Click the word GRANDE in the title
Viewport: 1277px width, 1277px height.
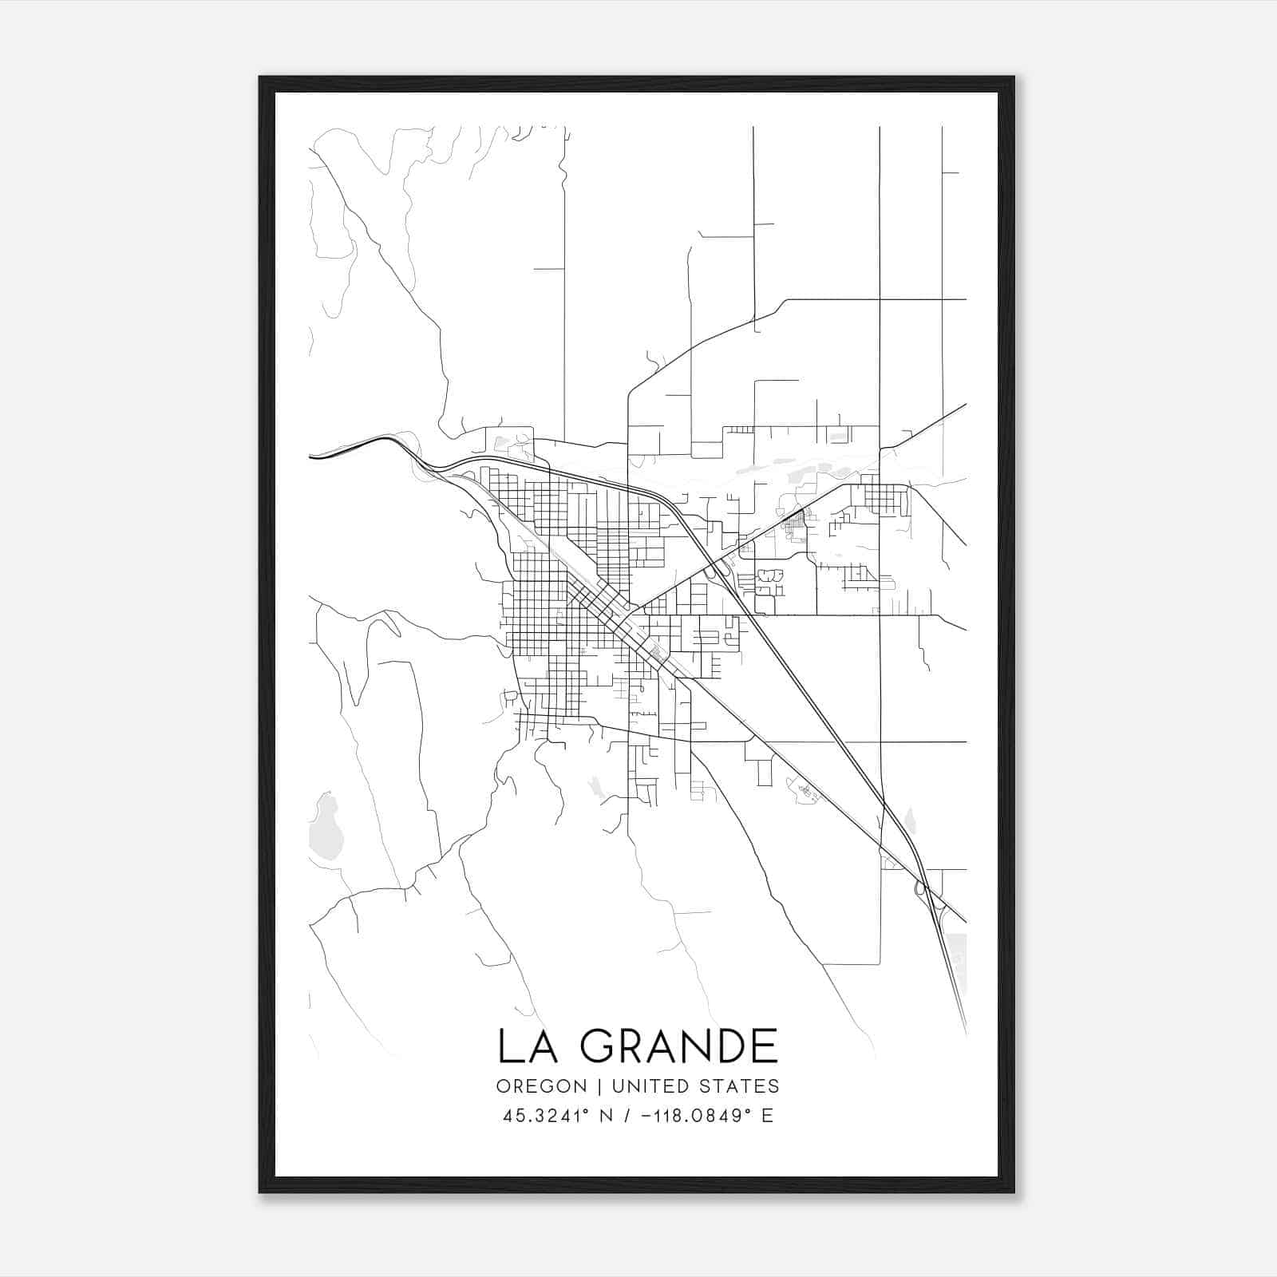(678, 1046)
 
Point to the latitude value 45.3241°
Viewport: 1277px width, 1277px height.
(547, 1116)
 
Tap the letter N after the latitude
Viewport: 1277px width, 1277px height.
(607, 1116)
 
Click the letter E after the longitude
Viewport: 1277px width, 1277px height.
(767, 1116)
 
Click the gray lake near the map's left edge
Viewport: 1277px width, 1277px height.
(326, 826)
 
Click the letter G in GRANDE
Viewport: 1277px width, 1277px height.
(599, 1046)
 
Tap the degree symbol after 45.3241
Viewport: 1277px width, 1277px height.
(587, 1110)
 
